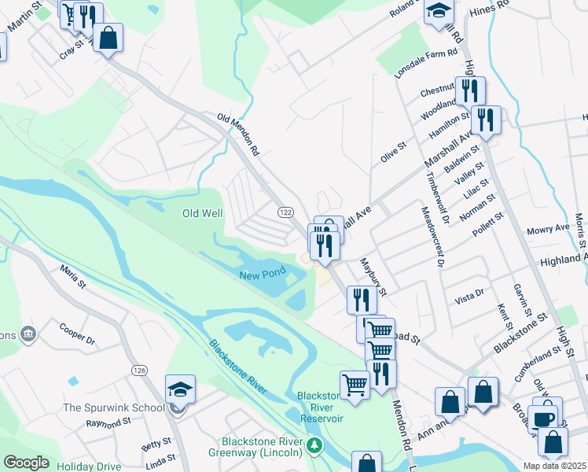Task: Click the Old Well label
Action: (203, 213)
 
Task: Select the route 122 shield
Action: (285, 212)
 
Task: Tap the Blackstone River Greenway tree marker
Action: (314, 446)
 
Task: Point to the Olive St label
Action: (392, 152)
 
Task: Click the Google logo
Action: (27, 463)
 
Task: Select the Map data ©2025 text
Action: (554, 466)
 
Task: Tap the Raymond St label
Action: (108, 423)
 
